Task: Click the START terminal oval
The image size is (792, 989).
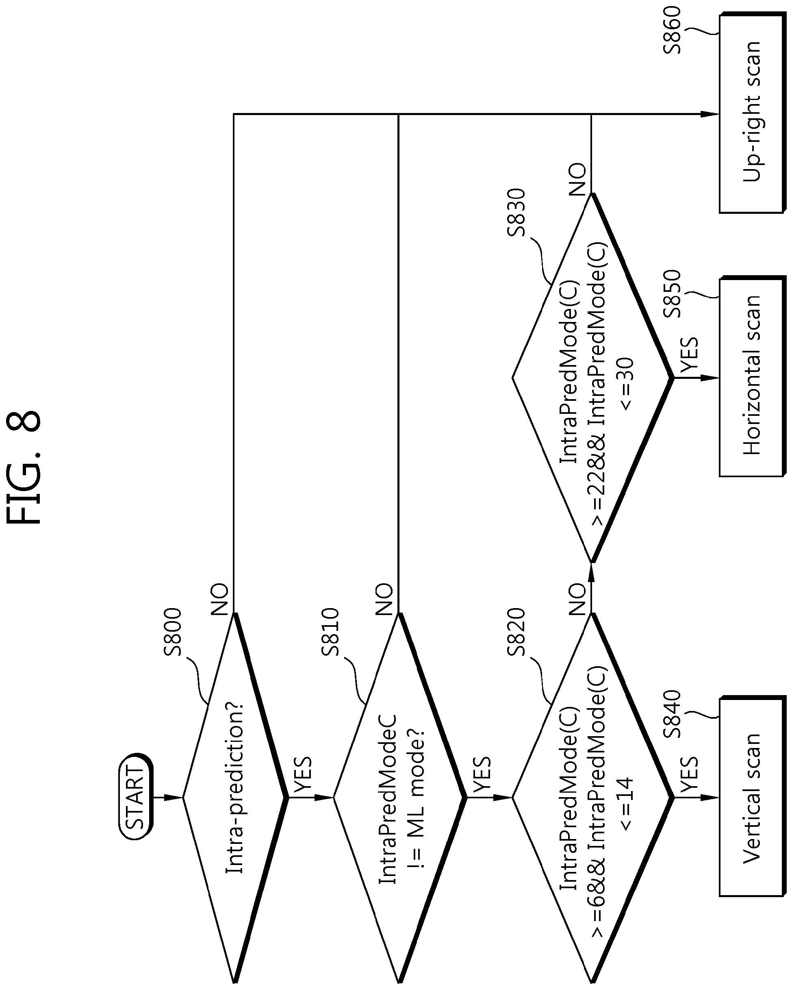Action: (x=136, y=797)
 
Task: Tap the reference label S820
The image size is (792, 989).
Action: (x=516, y=633)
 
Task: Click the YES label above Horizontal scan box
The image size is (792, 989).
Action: (x=689, y=356)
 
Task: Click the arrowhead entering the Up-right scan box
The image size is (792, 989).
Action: (x=710, y=114)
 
